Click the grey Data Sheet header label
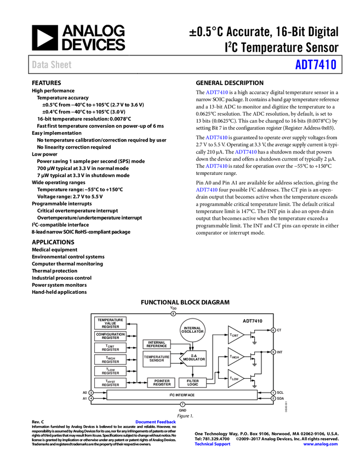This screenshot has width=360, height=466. [x=52, y=65]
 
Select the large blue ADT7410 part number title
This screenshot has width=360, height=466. [x=316, y=65]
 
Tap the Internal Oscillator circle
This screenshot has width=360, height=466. [x=193, y=329]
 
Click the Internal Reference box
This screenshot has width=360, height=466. [x=157, y=344]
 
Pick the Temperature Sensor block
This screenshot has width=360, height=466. [x=157, y=359]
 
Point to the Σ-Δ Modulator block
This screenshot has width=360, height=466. [x=193, y=359]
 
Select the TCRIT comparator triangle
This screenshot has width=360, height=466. [x=235, y=334]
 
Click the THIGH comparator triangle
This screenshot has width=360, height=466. [x=235, y=356]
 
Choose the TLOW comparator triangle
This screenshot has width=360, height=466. [x=235, y=378]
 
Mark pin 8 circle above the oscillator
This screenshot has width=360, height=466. [x=173, y=314]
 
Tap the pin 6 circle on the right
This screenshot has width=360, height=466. [x=273, y=330]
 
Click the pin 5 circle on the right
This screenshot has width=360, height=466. [x=273, y=352]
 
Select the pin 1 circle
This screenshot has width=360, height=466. [x=273, y=393]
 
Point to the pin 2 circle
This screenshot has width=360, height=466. [x=273, y=399]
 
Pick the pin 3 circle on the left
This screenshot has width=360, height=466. [x=91, y=393]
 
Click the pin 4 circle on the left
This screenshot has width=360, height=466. [x=91, y=399]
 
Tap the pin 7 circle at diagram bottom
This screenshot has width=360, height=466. [x=182, y=404]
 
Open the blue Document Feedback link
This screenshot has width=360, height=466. [x=156, y=422]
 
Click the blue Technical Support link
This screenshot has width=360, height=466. [x=213, y=444]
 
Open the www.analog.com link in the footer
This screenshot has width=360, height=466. [x=321, y=444]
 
